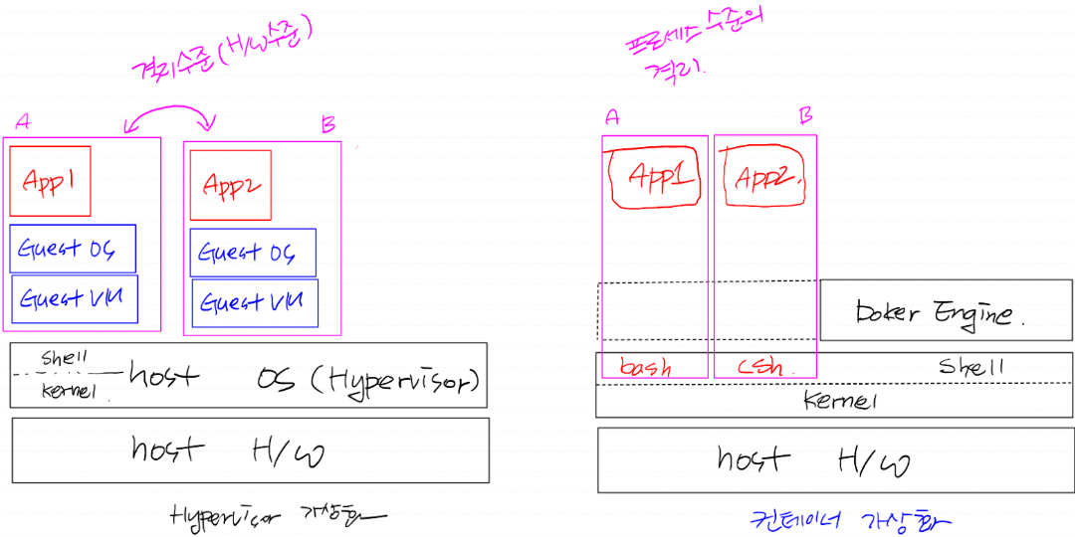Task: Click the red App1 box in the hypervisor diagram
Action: (x=50, y=181)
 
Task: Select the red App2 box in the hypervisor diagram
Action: (x=230, y=185)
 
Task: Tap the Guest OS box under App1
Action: (x=73, y=249)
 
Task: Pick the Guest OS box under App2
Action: (x=253, y=253)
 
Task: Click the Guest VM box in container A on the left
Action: (x=75, y=298)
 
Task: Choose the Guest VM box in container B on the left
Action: (x=255, y=302)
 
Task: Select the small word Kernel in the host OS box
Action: (x=68, y=392)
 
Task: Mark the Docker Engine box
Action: (x=946, y=310)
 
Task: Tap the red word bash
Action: (x=645, y=367)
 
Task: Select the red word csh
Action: (x=761, y=367)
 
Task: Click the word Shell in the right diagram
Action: (x=971, y=366)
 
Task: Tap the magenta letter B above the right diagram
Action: (x=806, y=116)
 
